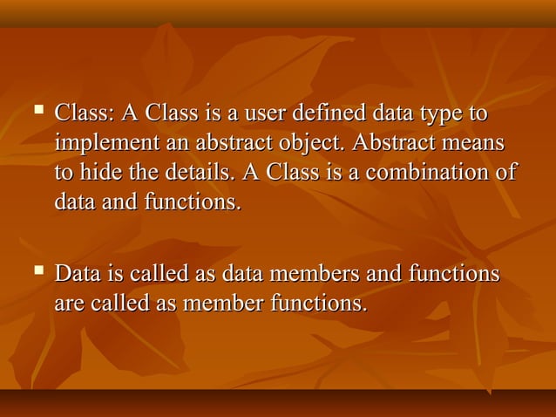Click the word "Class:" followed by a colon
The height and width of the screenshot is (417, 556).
(85, 114)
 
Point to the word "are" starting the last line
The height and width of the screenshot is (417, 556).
(68, 304)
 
